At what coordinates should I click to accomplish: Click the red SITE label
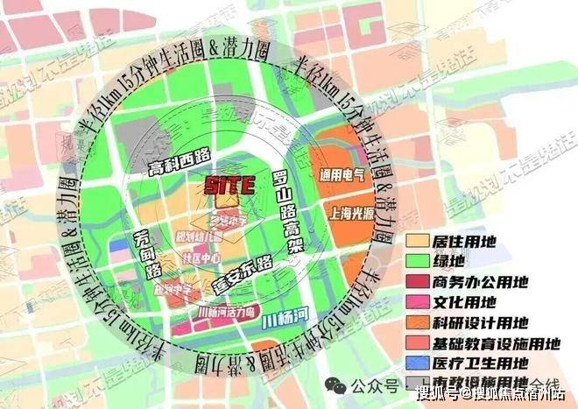coord(229,185)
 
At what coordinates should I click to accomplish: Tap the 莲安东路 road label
coord(241,275)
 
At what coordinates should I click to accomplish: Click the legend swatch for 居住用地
coord(420,239)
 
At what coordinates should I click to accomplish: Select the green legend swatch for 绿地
coord(420,260)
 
